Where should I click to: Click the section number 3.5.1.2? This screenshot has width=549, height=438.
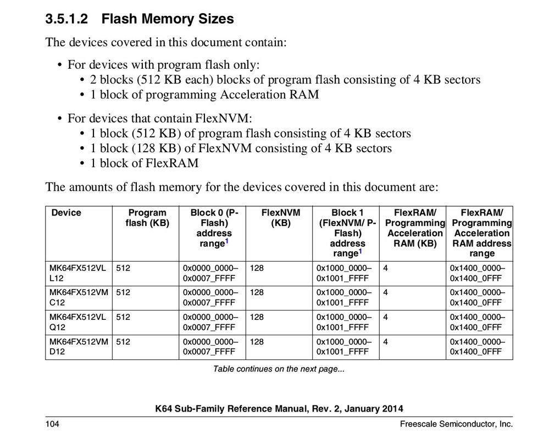[x=66, y=19]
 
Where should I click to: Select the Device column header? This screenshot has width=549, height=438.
[x=66, y=213]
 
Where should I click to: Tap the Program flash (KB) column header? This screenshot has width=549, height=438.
[x=146, y=218]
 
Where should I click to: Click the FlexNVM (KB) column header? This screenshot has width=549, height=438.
[x=277, y=218]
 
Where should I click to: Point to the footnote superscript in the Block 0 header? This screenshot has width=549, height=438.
[x=227, y=241]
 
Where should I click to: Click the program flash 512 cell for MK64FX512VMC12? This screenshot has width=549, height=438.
[x=123, y=292]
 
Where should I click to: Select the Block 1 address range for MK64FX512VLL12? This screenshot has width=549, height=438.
[x=344, y=273]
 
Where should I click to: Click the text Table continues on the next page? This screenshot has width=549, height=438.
[x=279, y=369]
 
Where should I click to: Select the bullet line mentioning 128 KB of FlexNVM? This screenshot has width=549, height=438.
[x=241, y=148]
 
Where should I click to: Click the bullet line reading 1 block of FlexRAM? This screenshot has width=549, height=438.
[x=145, y=163]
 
